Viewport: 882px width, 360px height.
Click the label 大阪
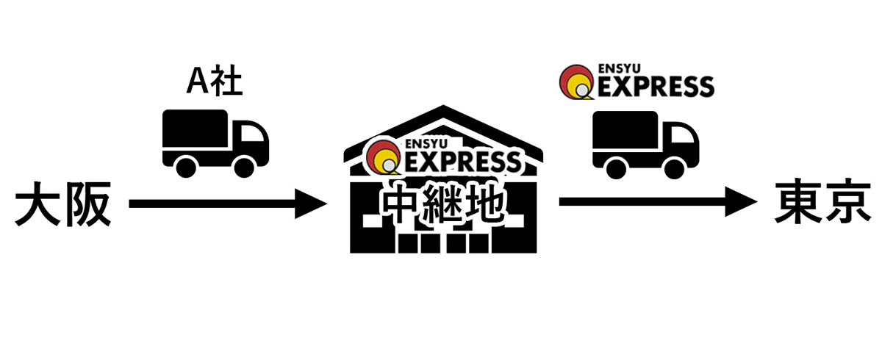coord(62,206)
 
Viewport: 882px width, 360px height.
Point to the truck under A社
coord(215,142)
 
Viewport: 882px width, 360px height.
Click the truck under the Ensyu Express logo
coord(645,144)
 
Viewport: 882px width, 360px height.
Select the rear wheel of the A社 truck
coord(187,165)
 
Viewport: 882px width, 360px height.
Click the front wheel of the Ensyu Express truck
coord(673,167)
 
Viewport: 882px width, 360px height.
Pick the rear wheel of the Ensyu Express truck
coord(617,167)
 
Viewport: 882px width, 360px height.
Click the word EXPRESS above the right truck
coord(653,86)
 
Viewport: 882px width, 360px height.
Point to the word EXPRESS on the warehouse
coord(462,160)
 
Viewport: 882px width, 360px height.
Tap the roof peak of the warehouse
coord(444,110)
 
